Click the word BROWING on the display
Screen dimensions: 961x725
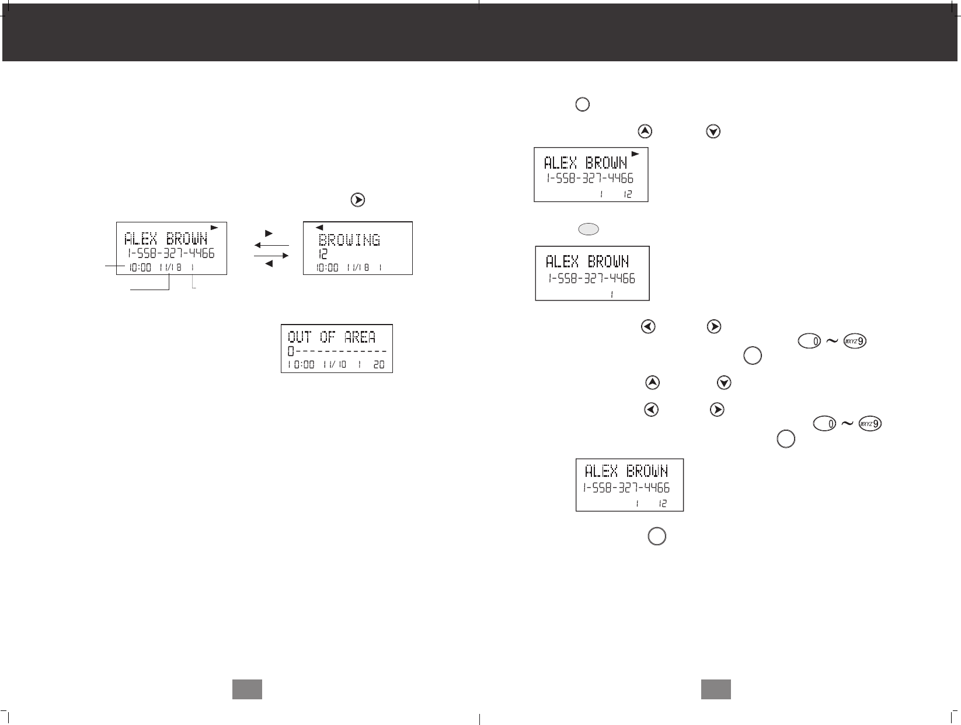click(x=349, y=240)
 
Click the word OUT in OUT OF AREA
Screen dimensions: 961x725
click(x=300, y=337)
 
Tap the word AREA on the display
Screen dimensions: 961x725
click(x=360, y=337)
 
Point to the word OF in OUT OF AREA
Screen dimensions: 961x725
click(x=328, y=337)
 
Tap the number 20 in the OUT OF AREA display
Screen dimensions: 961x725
click(x=379, y=364)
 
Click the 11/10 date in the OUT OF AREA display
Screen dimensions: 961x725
click(x=335, y=364)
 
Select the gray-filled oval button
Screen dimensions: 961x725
click(x=589, y=229)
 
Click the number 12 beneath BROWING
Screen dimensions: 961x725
click(x=323, y=254)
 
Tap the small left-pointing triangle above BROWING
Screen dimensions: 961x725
click(x=319, y=228)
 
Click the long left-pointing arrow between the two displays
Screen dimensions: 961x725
click(x=271, y=245)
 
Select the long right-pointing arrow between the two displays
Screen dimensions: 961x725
click(x=271, y=255)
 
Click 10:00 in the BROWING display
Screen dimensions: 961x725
click(x=327, y=268)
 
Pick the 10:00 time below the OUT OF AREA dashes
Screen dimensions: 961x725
click(x=301, y=364)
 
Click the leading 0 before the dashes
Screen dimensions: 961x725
click(x=291, y=351)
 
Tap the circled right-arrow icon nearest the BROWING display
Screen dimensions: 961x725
click(x=358, y=200)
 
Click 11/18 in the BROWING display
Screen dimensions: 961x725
click(x=358, y=268)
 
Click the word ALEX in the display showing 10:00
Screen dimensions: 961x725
click(x=141, y=239)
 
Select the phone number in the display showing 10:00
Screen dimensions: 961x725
click(x=171, y=253)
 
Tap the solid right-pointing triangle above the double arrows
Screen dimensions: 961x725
click(x=269, y=233)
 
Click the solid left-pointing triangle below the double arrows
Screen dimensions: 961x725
click(x=269, y=264)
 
